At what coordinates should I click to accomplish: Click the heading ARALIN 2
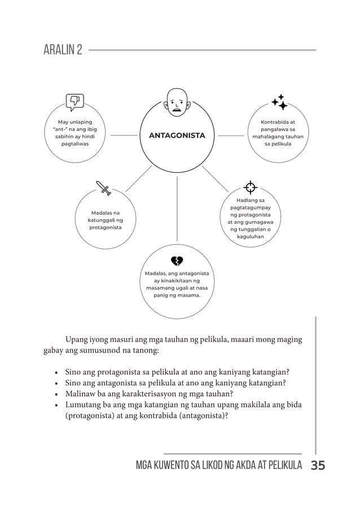pyautogui.click(x=63, y=50)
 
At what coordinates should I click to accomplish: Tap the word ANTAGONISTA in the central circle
pyautogui.click(x=177, y=135)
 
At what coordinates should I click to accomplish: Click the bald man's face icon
pyautogui.click(x=177, y=102)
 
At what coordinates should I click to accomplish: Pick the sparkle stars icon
pyautogui.click(x=279, y=102)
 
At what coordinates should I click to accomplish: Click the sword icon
pyautogui.click(x=104, y=188)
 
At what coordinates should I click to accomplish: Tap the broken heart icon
pyautogui.click(x=177, y=260)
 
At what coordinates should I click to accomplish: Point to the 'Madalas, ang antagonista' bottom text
pyautogui.click(x=177, y=284)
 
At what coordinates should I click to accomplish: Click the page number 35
pyautogui.click(x=318, y=466)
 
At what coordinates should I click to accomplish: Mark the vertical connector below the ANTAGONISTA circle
pyautogui.click(x=177, y=209)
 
